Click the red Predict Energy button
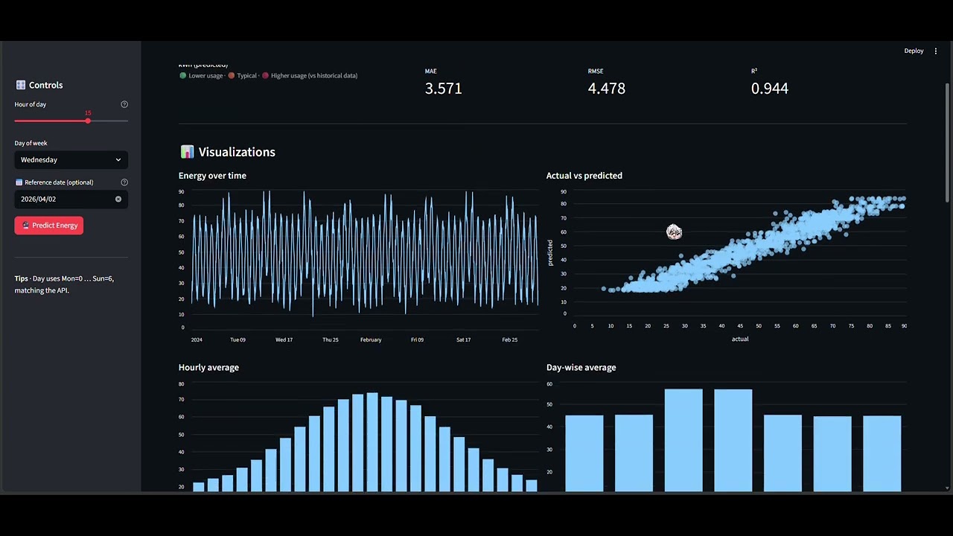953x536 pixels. tap(49, 225)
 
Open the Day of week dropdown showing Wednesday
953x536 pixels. tap(71, 159)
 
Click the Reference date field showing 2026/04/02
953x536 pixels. tap(63, 199)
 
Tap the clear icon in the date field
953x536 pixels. tap(118, 199)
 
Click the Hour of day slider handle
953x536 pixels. tap(88, 121)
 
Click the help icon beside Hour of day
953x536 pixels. tap(124, 104)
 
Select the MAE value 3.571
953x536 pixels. tap(443, 88)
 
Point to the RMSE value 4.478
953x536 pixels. tap(606, 88)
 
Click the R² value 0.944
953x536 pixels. tap(769, 88)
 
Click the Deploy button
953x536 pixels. tap(914, 51)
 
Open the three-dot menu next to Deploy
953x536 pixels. tap(936, 51)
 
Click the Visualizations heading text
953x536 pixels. tap(237, 152)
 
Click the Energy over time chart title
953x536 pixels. tap(212, 176)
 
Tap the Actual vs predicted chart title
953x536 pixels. tap(584, 176)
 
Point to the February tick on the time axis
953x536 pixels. tap(371, 339)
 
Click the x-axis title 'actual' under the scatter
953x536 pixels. tap(739, 339)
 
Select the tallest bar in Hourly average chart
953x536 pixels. tap(372, 441)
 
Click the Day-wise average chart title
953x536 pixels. tap(581, 367)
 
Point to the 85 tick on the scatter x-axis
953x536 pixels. tap(888, 326)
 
